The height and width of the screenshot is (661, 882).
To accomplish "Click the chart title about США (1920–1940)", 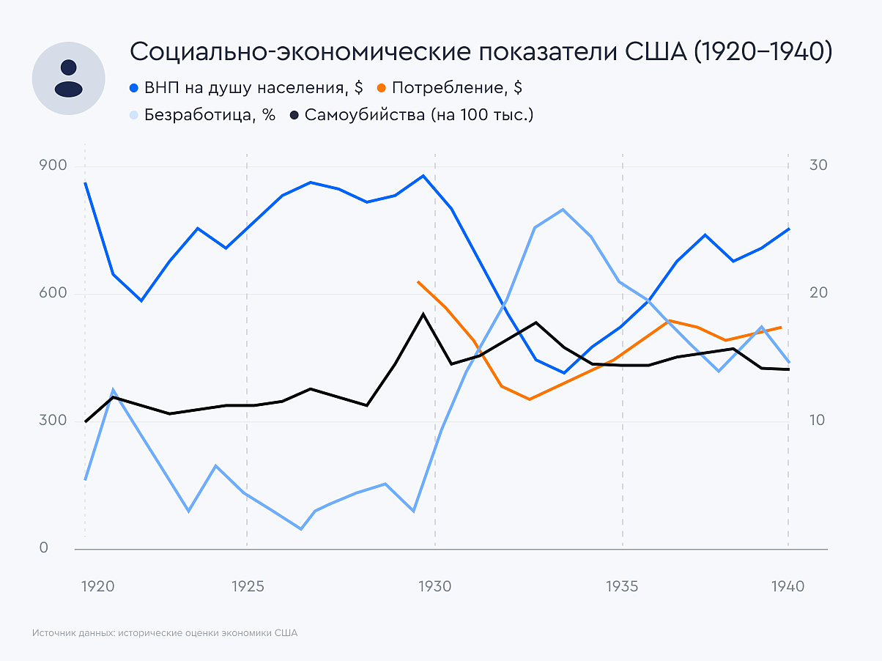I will (x=480, y=52).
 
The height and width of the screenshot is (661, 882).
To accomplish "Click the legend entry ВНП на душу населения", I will (x=246, y=88).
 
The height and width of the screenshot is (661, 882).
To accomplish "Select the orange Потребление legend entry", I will (x=450, y=88).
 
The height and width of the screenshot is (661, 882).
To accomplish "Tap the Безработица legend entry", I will (x=202, y=115).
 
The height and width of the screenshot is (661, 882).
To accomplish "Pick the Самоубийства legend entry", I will (x=412, y=115).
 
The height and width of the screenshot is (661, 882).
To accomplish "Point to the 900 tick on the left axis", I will (x=53, y=166).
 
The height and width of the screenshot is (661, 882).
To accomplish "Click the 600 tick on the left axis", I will (x=53, y=293).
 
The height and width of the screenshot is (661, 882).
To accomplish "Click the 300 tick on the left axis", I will (x=53, y=421).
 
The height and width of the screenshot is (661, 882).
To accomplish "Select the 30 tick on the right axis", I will (x=818, y=166).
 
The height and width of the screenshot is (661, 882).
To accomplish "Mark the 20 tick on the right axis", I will (x=818, y=293).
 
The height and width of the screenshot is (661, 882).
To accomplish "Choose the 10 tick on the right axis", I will (x=818, y=421).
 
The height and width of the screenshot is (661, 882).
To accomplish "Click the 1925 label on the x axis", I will (x=247, y=587).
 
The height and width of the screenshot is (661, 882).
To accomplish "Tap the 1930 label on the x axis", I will (x=434, y=587).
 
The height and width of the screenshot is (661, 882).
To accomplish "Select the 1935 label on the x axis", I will (x=622, y=587).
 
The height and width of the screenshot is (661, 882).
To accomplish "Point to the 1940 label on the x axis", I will (x=788, y=587).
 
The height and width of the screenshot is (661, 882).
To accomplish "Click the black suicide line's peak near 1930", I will (x=423, y=314).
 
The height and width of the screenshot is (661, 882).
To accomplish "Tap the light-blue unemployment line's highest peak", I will (x=562, y=210).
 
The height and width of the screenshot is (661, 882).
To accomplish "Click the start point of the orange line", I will (x=418, y=281).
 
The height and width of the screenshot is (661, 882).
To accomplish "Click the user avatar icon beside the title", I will (x=68, y=78).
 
